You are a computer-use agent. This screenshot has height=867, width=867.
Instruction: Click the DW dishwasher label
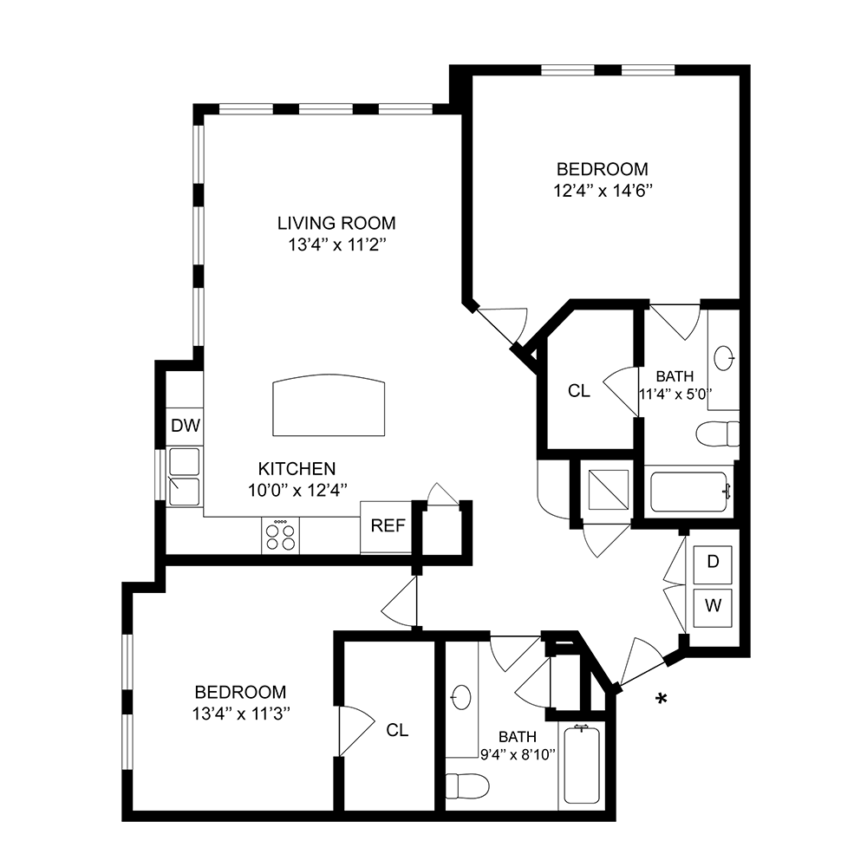[x=186, y=426]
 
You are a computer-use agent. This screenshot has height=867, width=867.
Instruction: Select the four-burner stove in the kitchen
[x=280, y=536]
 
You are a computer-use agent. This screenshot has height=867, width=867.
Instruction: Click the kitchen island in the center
[x=329, y=407]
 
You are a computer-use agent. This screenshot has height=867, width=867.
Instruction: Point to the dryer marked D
[x=713, y=562]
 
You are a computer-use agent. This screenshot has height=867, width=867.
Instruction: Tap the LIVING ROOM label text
[x=336, y=222]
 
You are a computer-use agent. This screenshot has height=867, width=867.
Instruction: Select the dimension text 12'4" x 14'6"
[x=603, y=191]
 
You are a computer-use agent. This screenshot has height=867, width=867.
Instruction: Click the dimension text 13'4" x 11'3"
[x=241, y=714]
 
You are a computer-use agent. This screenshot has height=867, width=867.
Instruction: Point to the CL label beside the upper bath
[x=579, y=391]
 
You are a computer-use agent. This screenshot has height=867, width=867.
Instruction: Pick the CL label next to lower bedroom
[x=397, y=730]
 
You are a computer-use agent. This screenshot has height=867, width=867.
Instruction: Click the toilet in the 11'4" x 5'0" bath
[x=719, y=433]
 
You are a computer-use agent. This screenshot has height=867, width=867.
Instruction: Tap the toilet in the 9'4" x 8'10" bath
[x=457, y=786]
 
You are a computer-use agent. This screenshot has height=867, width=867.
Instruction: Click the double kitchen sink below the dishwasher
[x=185, y=476]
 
